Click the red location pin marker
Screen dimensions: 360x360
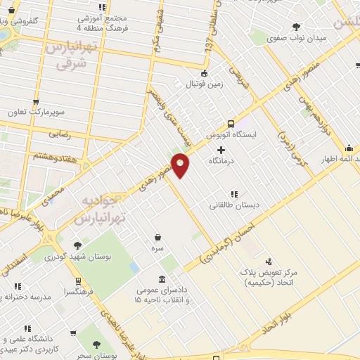tap(181, 165)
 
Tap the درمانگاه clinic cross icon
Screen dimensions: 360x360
tap(221, 150)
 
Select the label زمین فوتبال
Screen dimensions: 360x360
tap(203, 84)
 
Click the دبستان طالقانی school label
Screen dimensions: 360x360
tap(234, 205)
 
